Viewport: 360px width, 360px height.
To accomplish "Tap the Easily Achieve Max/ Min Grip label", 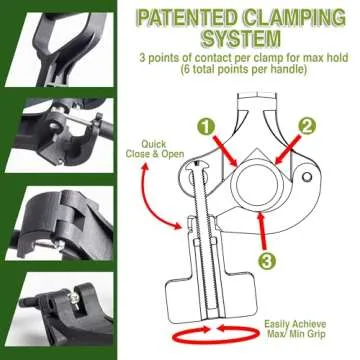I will coord(305,331).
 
